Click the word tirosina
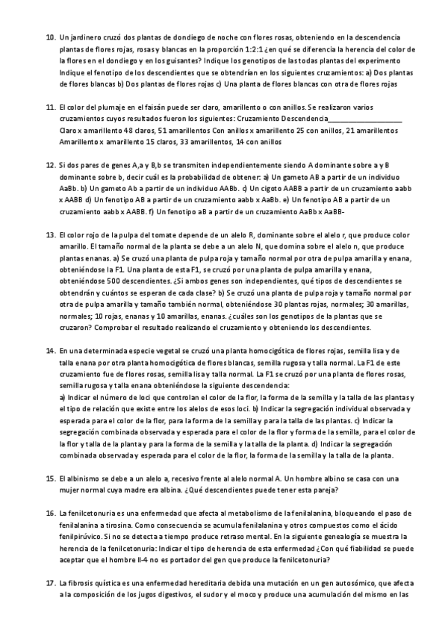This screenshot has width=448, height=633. coord(93,526)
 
